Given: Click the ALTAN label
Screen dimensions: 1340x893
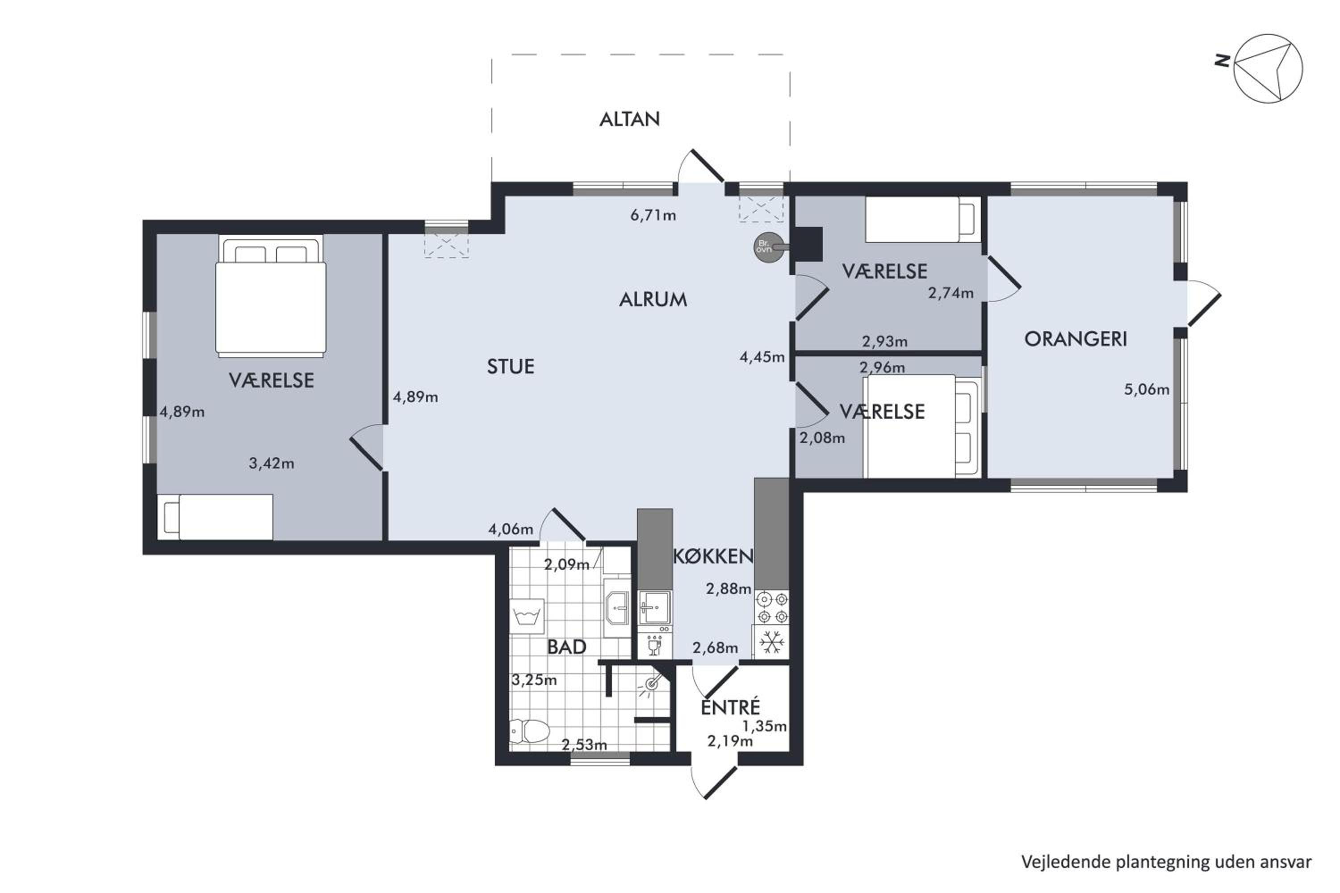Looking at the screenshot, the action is point(629,119).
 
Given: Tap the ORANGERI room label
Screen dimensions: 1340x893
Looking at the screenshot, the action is point(1076,339).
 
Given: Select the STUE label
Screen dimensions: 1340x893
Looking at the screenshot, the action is point(511,367).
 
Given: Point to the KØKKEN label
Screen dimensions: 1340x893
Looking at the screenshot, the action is point(713,556).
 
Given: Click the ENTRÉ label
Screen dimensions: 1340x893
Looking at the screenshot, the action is point(730,707).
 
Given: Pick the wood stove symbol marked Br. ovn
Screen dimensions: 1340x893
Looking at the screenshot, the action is point(768,248).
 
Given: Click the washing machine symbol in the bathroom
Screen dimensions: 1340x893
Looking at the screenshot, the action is point(527,616).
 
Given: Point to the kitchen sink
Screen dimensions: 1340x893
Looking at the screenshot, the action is point(655,608).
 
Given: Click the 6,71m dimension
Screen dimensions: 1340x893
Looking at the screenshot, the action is point(653,215).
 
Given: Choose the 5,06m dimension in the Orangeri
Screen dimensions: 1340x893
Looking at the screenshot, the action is point(1146,389).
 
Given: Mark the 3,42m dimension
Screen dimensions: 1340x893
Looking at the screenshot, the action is point(271,463).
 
